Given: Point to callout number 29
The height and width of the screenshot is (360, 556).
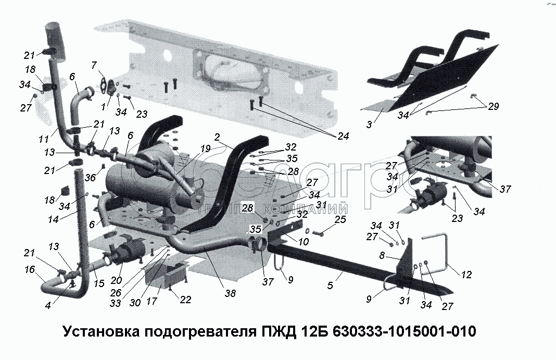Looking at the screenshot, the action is [492, 106].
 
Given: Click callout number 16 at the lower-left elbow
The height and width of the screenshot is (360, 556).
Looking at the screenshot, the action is [29, 269].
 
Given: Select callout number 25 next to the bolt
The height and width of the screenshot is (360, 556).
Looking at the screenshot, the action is [340, 221].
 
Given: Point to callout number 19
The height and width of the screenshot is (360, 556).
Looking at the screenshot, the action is [206, 148].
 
